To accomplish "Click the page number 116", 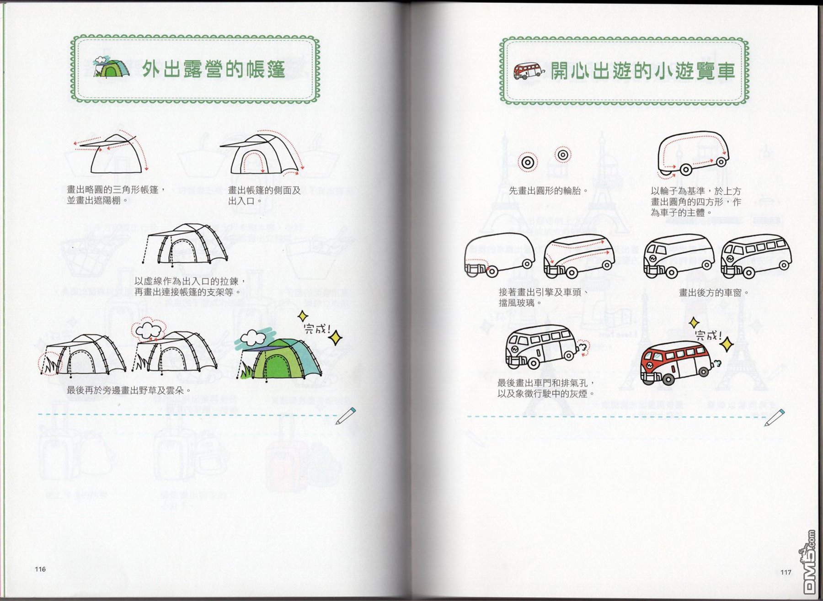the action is tap(40, 569).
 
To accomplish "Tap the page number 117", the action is tap(786, 572).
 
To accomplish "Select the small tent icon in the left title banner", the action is tap(111, 67).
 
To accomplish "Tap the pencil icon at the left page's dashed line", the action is tap(346, 415).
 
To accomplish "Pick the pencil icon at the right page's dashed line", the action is tap(775, 417).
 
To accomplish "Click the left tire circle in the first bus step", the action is tap(528, 162).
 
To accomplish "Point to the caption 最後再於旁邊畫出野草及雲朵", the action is tap(129, 390).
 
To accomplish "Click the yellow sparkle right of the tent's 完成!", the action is tap(336, 338).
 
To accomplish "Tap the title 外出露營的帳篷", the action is tap(214, 69).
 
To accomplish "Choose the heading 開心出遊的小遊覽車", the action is tap(642, 71).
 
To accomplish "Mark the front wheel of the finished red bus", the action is tap(668, 379).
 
